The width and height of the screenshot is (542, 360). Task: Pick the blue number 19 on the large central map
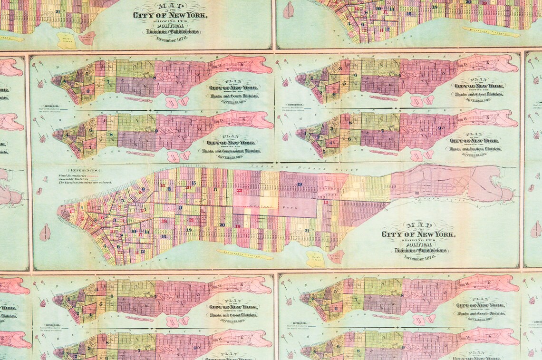(x=300, y=184)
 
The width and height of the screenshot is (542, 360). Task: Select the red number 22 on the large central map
(x=239, y=191)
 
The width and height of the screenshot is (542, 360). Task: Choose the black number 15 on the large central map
(x=194, y=183)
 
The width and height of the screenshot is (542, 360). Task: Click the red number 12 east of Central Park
(x=326, y=203)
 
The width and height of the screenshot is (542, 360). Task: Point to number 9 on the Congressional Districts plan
(x=156, y=130)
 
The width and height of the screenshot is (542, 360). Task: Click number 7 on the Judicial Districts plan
(x=382, y=131)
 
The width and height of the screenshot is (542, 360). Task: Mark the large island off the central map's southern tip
(x=45, y=233)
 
